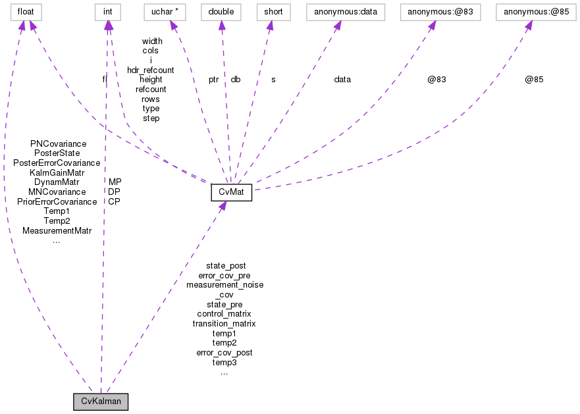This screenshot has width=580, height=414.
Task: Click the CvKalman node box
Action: (x=101, y=401)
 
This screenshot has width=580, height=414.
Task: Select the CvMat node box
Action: (x=231, y=192)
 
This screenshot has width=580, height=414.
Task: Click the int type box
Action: (x=108, y=12)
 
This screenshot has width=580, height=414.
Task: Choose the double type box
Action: (x=221, y=12)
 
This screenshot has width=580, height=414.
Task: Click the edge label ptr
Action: (x=213, y=80)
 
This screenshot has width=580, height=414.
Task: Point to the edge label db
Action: (x=235, y=80)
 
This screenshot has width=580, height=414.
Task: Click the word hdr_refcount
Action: (x=151, y=70)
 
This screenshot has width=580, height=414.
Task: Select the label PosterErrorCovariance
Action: (x=57, y=163)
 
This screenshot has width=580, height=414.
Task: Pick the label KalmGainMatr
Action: (x=57, y=172)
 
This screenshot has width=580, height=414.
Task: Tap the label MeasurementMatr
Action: (x=57, y=231)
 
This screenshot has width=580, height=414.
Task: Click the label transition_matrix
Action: (x=224, y=324)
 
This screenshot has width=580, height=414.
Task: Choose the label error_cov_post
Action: (x=224, y=353)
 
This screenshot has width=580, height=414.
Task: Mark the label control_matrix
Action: (x=224, y=314)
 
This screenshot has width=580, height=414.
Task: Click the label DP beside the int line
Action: (x=114, y=192)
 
